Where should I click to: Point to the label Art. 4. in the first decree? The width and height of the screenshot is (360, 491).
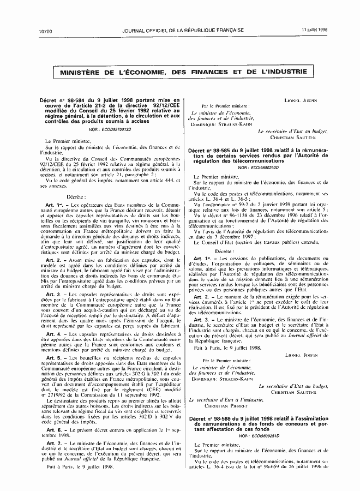point(54,333)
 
